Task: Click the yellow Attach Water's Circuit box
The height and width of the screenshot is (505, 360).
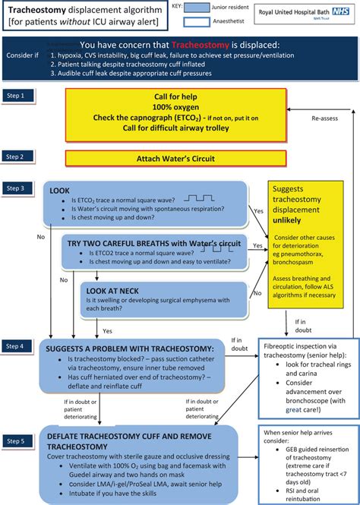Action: point(176,159)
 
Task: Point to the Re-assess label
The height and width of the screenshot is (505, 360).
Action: point(324,119)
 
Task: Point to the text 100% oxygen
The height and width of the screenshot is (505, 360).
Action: point(177,108)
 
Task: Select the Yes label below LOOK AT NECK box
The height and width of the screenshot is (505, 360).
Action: point(107,331)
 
